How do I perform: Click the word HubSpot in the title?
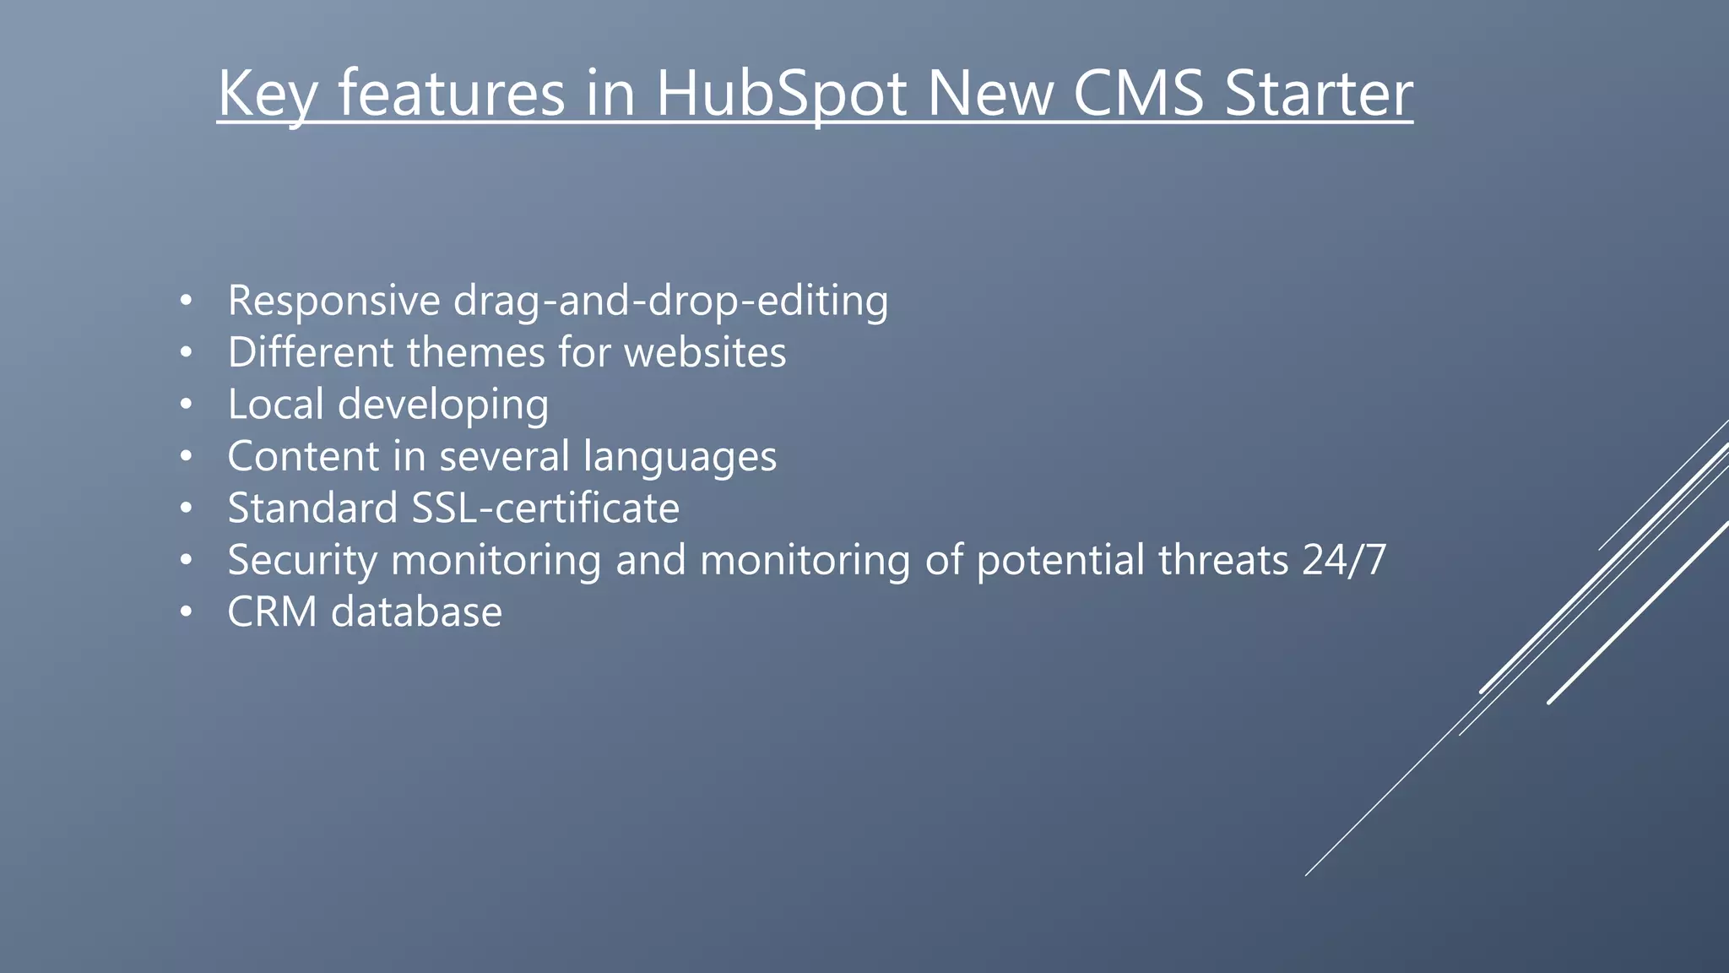(781, 93)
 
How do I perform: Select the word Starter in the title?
(1319, 93)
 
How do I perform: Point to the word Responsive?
(333, 301)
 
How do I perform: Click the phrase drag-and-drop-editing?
(670, 302)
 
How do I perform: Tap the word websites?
(705, 352)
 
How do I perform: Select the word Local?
(275, 404)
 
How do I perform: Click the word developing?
(443, 405)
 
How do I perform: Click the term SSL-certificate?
(545, 508)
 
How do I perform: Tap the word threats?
(1223, 559)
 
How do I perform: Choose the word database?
(416, 612)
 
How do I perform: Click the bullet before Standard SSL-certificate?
(187, 508)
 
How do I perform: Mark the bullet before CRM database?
(187, 612)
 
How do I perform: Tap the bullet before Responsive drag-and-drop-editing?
(187, 302)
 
